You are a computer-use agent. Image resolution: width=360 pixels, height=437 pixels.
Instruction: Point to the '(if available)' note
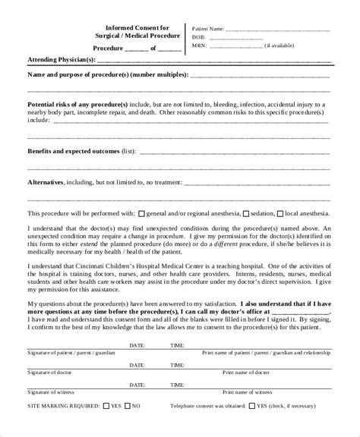coord(281,45)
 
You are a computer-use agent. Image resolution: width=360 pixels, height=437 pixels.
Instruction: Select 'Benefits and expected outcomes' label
coord(71,150)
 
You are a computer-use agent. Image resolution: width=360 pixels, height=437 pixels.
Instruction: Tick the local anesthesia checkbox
coord(280,213)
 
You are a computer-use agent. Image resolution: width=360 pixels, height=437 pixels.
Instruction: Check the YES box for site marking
coord(106,405)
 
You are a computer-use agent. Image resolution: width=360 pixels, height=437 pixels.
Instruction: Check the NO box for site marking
coord(128,405)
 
